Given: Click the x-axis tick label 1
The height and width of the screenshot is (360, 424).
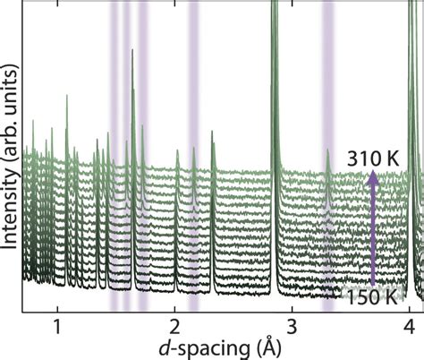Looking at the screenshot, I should tap(57, 324).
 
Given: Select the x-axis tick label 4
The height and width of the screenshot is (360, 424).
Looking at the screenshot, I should tap(410, 324).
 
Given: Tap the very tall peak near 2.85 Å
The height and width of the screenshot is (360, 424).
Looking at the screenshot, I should tap(274, 54).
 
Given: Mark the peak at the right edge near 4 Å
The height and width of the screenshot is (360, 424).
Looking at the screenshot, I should tap(410, 54).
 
